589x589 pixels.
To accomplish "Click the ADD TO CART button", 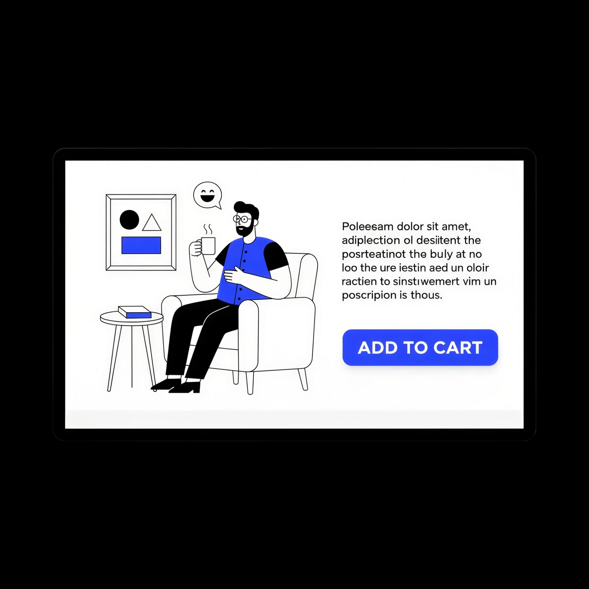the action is (420, 347).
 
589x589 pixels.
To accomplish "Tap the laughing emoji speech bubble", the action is (208, 195).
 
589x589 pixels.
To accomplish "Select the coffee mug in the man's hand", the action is (208, 246).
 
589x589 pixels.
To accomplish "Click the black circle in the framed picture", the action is (129, 220).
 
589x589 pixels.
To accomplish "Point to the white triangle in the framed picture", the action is (152, 223).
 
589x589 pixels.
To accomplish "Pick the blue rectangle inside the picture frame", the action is (141, 245).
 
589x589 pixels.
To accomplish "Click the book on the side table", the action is (135, 312).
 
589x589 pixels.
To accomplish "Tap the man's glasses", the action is (242, 219).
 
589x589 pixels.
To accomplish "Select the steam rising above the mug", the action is (208, 229).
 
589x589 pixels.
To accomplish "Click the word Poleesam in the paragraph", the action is (368, 226).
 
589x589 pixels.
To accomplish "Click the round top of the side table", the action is (132, 318).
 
